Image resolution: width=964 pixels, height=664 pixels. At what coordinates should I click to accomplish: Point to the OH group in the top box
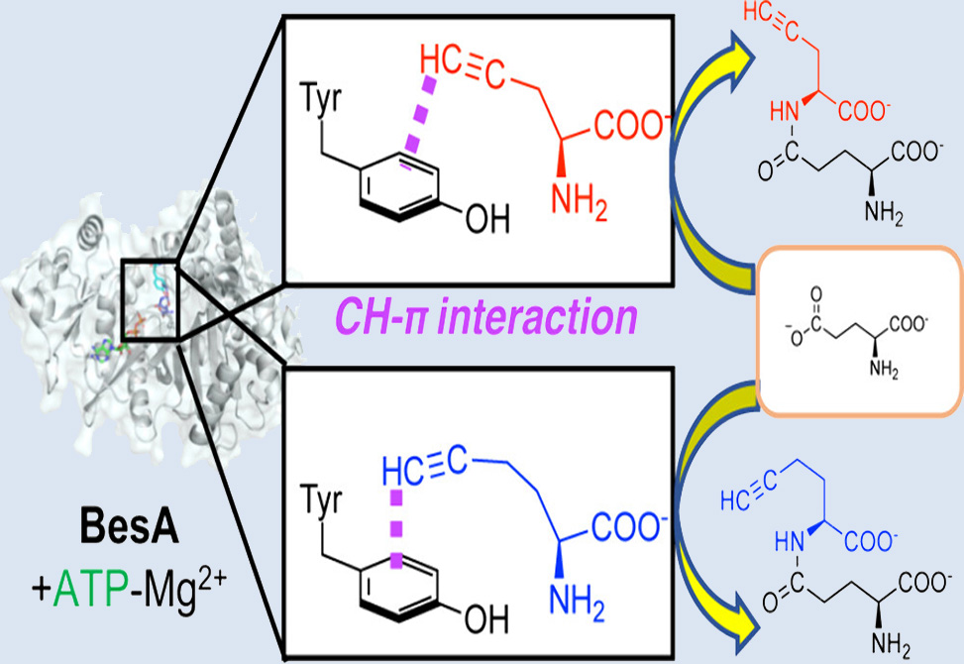pyautogui.click(x=485, y=216)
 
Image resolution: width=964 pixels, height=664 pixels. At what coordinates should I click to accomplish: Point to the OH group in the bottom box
pyautogui.click(x=485, y=617)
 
